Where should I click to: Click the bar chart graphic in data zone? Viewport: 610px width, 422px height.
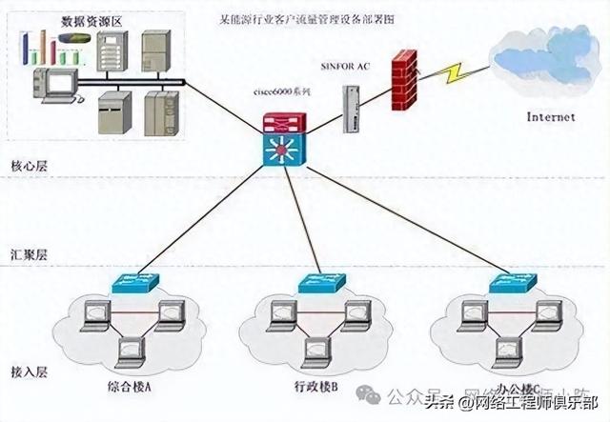pyautogui.click(x=39, y=43)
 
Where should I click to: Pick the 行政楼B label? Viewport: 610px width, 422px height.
pyautogui.click(x=315, y=389)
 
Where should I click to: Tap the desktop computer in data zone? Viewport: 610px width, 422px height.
pyautogui.click(x=51, y=85)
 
